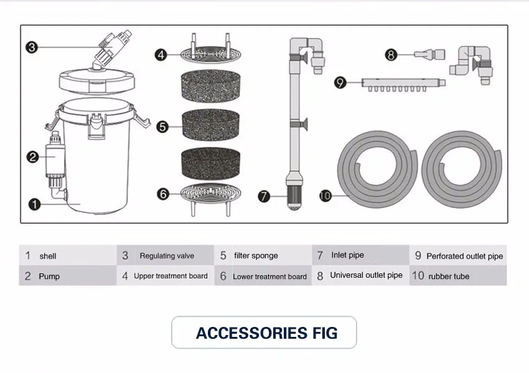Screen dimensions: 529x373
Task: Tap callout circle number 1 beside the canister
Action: [35, 204]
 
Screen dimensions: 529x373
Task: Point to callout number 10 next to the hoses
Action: [325, 196]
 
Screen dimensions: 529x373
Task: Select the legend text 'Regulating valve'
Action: [167, 256]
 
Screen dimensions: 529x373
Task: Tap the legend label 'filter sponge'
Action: [256, 255]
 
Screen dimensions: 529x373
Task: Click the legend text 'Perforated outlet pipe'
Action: [464, 256]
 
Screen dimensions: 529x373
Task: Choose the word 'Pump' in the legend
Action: [49, 276]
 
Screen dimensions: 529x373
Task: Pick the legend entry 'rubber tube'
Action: [449, 276]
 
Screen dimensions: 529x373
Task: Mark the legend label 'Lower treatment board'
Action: [269, 276]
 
